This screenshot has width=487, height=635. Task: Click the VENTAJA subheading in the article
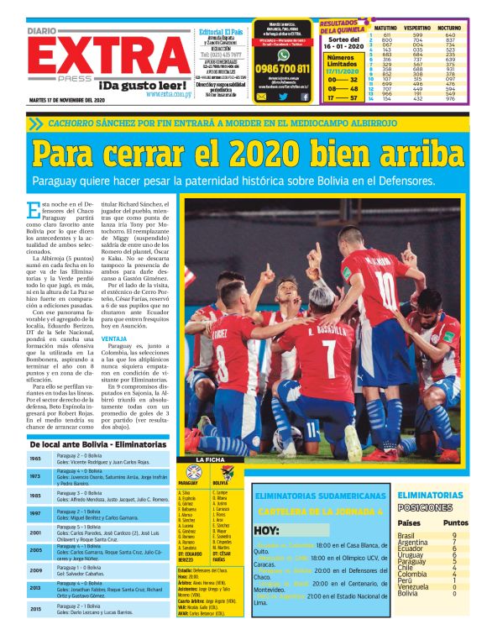tap(114, 338)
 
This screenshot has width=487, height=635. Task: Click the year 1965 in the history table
tap(35, 459)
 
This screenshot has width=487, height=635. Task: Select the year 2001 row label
tap(35, 533)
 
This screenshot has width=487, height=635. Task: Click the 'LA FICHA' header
tap(210, 460)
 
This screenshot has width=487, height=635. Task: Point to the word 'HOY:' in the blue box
tap(266, 530)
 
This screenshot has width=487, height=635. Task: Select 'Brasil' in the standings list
tap(406, 535)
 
